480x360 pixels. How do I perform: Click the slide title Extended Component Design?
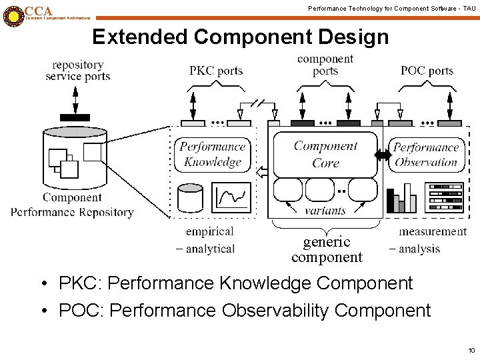tap(240, 37)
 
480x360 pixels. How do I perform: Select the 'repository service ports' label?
tap(78, 71)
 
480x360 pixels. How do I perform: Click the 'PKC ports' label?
tap(216, 71)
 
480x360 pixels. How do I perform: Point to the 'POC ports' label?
tap(427, 71)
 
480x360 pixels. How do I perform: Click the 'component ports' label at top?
tap(325, 65)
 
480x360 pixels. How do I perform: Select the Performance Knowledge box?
tap(213, 154)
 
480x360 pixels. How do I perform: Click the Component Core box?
tap(325, 154)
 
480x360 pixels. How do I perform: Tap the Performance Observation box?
tap(425, 155)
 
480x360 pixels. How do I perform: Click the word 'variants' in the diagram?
tap(325, 211)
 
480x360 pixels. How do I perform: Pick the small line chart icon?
tap(232, 198)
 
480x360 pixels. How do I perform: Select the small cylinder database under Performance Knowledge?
tap(191, 198)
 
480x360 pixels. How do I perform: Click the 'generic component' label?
tap(327, 249)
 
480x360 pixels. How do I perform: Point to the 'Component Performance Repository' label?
tap(72, 205)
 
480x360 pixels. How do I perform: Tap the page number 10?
tap(471, 350)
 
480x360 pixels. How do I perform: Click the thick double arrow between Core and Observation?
tap(383, 155)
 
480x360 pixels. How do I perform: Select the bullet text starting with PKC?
tap(235, 283)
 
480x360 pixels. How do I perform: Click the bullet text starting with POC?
tap(245, 310)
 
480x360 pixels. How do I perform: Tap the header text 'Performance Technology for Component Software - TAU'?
tap(391, 7)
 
